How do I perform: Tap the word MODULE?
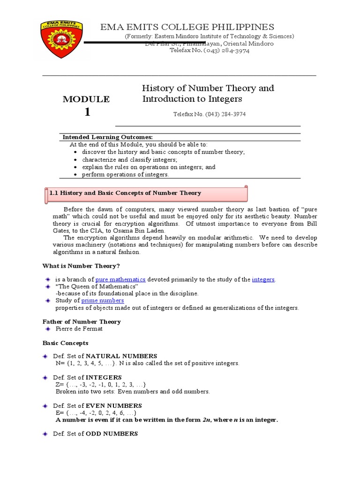(x=86, y=99)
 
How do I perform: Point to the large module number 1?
(x=87, y=112)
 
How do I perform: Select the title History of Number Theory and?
(x=208, y=88)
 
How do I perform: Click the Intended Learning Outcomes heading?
(x=108, y=137)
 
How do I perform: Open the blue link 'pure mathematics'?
(x=120, y=279)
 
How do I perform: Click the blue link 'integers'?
(x=263, y=279)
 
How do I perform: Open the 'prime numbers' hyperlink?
(x=103, y=300)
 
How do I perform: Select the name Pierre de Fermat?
(x=79, y=329)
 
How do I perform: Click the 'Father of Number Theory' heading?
(x=82, y=322)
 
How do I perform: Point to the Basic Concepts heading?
(x=65, y=343)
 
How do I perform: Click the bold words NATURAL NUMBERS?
(x=121, y=356)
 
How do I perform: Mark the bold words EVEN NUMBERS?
(x=114, y=405)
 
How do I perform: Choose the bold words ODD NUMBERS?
(x=112, y=434)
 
